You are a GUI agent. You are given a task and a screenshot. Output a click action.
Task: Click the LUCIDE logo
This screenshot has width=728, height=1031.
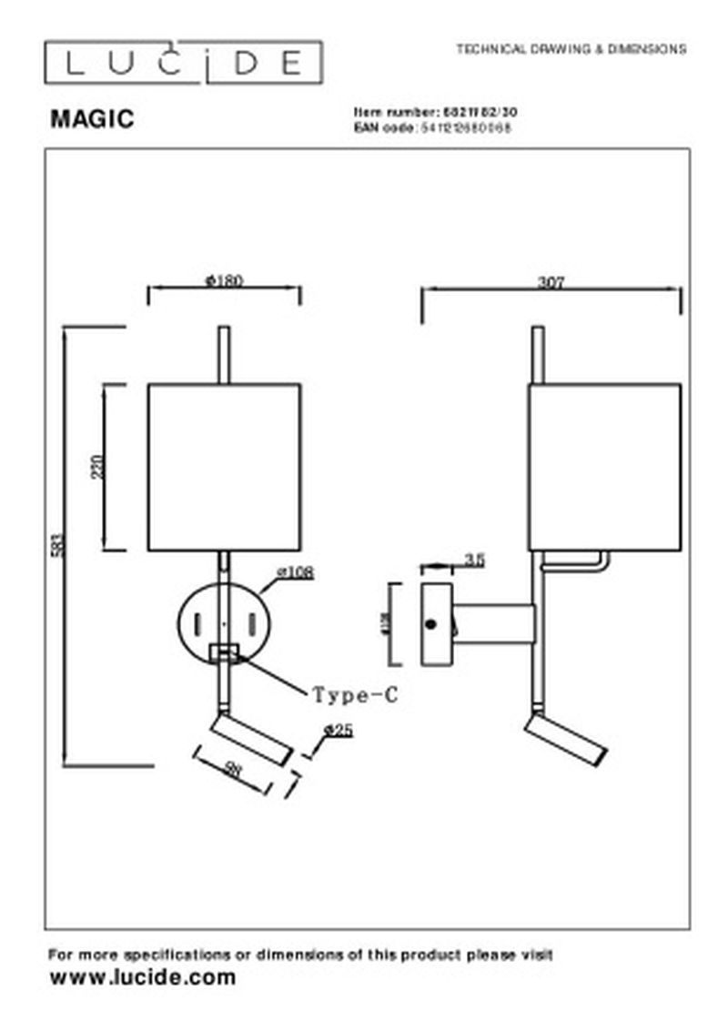(x=183, y=63)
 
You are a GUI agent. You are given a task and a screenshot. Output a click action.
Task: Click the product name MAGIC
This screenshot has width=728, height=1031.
(x=91, y=119)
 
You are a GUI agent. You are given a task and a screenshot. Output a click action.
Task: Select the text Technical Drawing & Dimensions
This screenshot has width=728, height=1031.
(x=571, y=49)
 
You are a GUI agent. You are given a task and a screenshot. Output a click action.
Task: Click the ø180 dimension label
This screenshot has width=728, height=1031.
(x=225, y=281)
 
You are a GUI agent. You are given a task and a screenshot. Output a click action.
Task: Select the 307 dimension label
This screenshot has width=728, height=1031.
(x=551, y=282)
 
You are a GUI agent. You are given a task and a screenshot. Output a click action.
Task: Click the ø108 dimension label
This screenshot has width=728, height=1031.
(x=295, y=573)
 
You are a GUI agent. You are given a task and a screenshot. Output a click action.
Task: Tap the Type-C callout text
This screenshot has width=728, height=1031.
(x=356, y=696)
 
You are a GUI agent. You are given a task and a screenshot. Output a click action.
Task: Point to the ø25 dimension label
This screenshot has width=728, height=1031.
(x=339, y=731)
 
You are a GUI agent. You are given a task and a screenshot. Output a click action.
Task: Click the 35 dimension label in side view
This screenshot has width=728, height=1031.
(x=473, y=561)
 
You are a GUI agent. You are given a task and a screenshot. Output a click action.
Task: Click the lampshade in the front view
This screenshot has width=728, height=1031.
(x=225, y=467)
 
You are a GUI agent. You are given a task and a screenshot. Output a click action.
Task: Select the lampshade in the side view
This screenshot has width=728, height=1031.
(x=604, y=467)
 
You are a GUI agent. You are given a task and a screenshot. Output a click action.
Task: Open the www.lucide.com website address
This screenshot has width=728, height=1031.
(x=142, y=978)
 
